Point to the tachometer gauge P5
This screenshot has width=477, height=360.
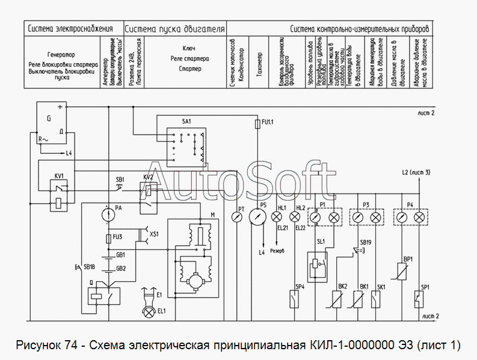(x=257, y=216)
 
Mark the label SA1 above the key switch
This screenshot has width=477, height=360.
(x=186, y=121)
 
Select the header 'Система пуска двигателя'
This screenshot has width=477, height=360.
(x=175, y=28)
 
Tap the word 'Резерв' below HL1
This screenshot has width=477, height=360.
(x=278, y=250)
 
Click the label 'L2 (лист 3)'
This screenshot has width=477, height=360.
(x=416, y=173)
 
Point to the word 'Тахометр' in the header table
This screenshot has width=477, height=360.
(x=259, y=58)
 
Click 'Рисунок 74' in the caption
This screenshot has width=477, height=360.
(x=49, y=345)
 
